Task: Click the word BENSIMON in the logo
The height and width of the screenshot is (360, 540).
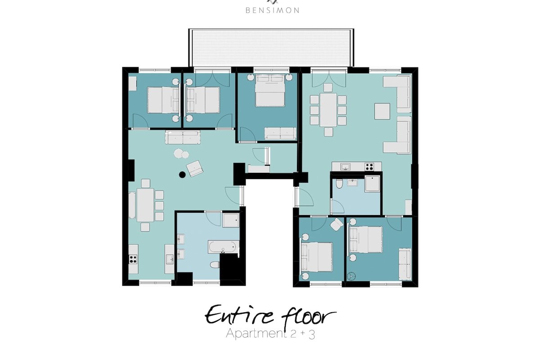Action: (272, 9)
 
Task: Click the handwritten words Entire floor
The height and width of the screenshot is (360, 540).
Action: (270, 315)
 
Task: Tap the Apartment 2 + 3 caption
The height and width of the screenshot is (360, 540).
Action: (270, 334)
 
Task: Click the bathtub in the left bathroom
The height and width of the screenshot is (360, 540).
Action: (222, 247)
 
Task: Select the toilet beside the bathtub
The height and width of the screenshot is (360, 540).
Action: (215, 265)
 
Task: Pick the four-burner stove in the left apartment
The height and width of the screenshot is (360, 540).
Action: (133, 259)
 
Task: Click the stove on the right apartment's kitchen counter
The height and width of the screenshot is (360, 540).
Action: (369, 166)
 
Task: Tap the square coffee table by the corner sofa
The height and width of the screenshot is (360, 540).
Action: (382, 111)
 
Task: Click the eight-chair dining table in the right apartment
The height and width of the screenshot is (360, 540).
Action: (328, 109)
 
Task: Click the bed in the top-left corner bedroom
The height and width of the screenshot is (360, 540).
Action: (161, 100)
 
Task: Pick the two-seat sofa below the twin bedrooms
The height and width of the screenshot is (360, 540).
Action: (182, 138)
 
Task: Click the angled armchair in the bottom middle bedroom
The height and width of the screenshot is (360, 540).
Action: (337, 224)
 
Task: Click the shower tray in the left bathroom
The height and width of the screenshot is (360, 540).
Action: (231, 220)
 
